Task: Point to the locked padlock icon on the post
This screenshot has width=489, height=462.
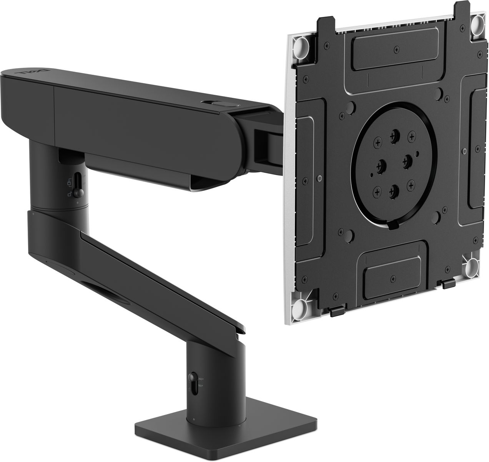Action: pos(70,181)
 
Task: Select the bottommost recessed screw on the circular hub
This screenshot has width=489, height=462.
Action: pos(392,189)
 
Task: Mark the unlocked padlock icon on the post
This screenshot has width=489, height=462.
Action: pos(69,194)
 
